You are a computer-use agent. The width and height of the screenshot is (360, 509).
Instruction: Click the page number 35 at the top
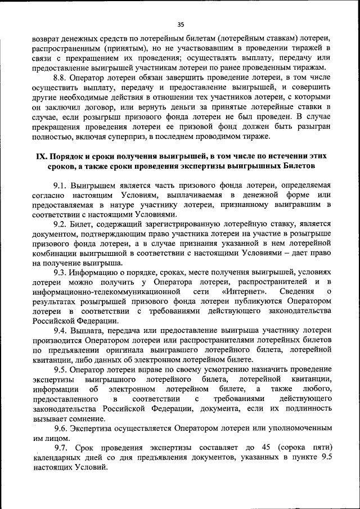point(181,24)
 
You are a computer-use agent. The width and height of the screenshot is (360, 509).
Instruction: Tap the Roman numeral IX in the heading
point(41,156)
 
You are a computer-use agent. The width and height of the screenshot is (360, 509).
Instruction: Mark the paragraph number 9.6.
point(60,428)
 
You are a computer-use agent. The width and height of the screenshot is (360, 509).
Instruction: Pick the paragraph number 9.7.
point(60,448)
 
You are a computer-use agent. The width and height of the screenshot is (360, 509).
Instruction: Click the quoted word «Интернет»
point(244,291)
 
